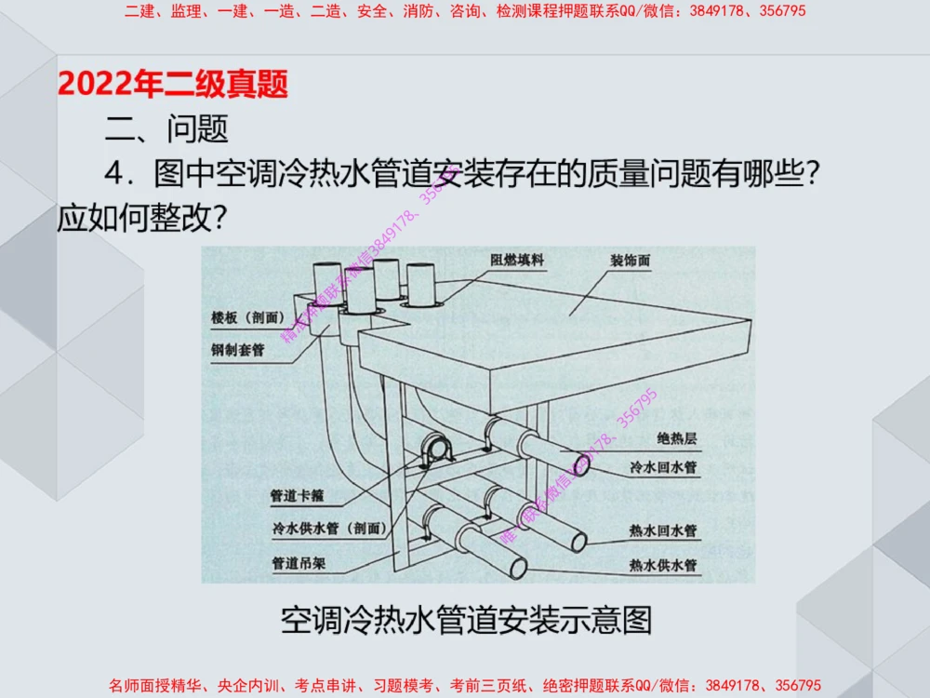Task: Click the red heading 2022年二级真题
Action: click(173, 85)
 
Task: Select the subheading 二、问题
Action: click(166, 128)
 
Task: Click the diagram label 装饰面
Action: click(630, 261)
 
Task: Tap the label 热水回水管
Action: click(663, 531)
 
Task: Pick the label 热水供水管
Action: click(663, 564)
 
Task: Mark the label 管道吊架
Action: click(298, 563)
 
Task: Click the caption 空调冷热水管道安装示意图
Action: click(467, 620)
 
